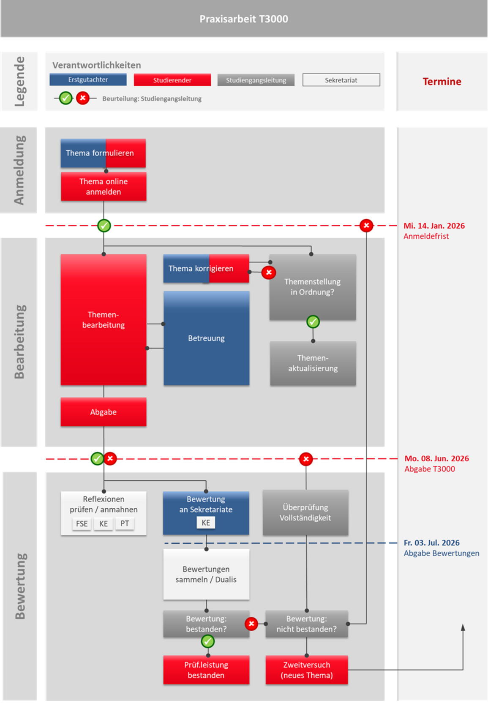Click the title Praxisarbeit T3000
tap(244, 19)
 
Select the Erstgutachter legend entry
tap(88, 80)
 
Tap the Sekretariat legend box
tap(341, 80)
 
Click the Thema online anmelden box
tap(104, 186)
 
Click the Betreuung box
tap(206, 338)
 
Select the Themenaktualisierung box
tap(313, 363)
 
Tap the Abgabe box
tap(104, 412)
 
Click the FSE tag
tap(82, 524)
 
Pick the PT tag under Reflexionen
tap(125, 524)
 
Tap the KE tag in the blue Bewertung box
tap(206, 523)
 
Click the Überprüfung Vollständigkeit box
tap(305, 512)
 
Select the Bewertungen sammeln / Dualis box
tap(206, 574)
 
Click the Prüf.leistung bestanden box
tap(206, 670)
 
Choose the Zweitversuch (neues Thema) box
tap(307, 670)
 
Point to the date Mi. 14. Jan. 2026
tap(434, 226)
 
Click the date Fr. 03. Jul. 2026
tap(431, 543)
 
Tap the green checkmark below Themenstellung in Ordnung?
tap(313, 322)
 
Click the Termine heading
tap(442, 82)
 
